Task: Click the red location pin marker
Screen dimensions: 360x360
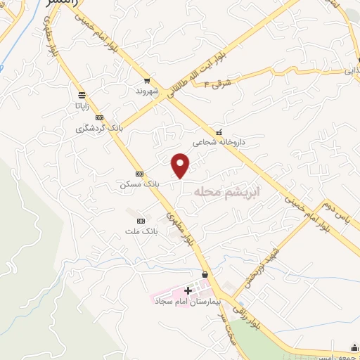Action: pyautogui.click(x=181, y=165)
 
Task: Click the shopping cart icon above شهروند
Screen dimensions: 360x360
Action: pyautogui.click(x=147, y=81)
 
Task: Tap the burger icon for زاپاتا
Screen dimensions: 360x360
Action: pyautogui.click(x=82, y=94)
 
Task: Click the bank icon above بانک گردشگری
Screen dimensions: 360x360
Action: pyautogui.click(x=100, y=117)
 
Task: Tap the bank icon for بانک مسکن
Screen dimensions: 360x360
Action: pyautogui.click(x=139, y=173)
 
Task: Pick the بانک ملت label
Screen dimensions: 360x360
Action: pyautogui.click(x=140, y=231)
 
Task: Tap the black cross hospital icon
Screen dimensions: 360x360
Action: pyautogui.click(x=188, y=290)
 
